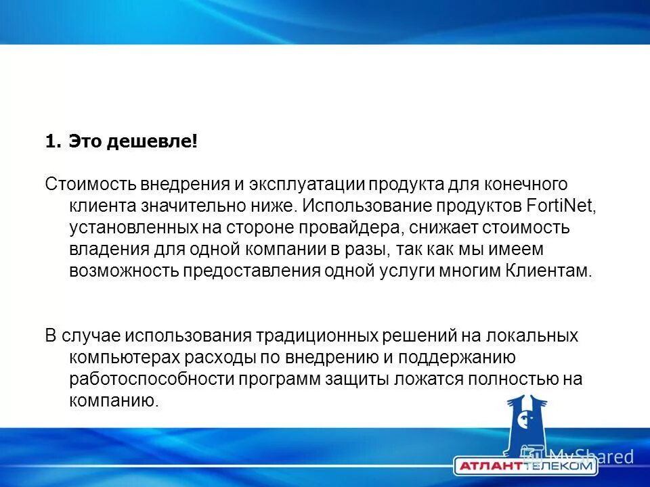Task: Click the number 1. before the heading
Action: click(53, 142)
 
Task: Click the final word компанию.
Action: click(114, 401)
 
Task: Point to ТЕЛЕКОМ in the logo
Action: click(559, 467)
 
